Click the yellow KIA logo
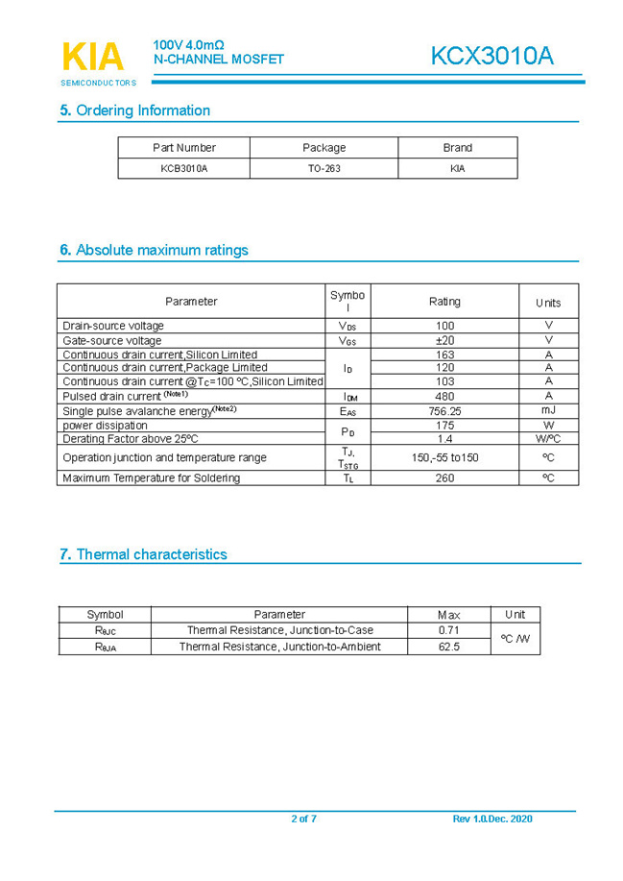(93, 57)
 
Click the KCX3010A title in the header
(491, 56)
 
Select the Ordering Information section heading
(134, 110)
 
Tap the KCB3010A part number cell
(183, 168)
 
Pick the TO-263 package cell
(323, 168)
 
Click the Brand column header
(457, 148)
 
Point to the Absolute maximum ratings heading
(154, 251)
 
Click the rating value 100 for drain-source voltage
(444, 326)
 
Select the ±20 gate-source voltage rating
(444, 340)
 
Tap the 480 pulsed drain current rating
(444, 396)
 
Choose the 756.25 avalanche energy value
(444, 411)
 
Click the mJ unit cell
(548, 411)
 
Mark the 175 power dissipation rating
(444, 425)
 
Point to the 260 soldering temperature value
(444, 477)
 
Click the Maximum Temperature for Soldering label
(152, 477)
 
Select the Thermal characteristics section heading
(143, 554)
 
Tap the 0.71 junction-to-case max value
(448, 630)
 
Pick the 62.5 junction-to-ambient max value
(448, 647)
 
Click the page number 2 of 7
(303, 819)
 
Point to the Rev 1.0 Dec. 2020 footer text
(491, 819)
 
